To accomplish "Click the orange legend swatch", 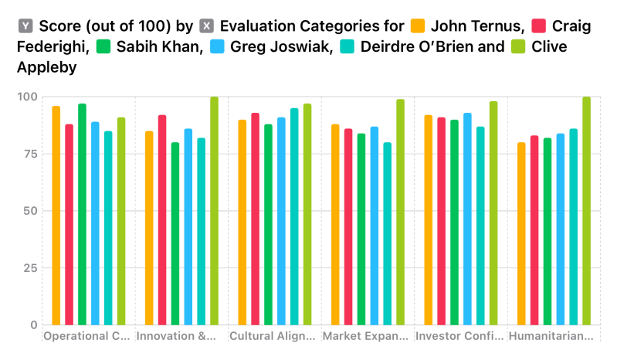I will (x=418, y=25).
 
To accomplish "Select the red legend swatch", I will (x=539, y=25).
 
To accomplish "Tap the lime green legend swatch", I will (x=518, y=46).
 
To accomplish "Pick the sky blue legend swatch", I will (x=217, y=46).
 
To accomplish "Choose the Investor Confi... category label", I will (x=460, y=336).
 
